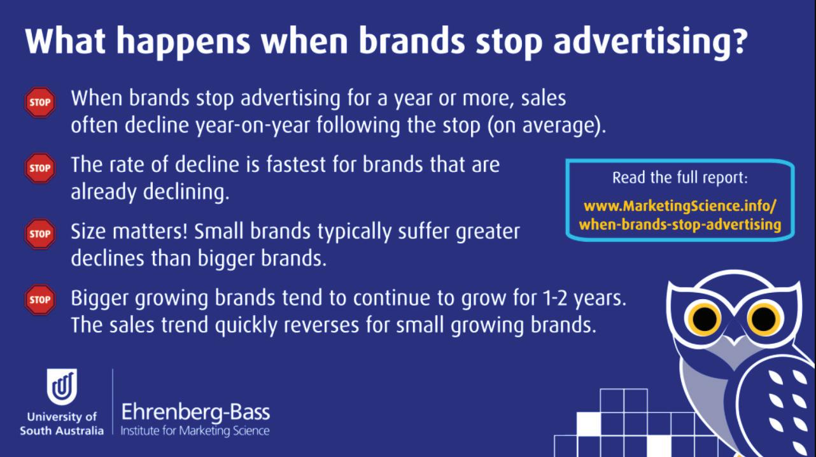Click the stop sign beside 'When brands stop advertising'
pos(40,102)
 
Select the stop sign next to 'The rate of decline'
pos(40,168)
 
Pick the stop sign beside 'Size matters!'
pos(40,234)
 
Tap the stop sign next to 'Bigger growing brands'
pos(40,300)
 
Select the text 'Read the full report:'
pos(680,178)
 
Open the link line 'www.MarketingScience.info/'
pos(680,206)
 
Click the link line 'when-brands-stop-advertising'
pos(680,224)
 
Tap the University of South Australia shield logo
pos(62,387)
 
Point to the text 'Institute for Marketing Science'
pos(195,431)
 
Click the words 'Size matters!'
pos(129,232)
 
